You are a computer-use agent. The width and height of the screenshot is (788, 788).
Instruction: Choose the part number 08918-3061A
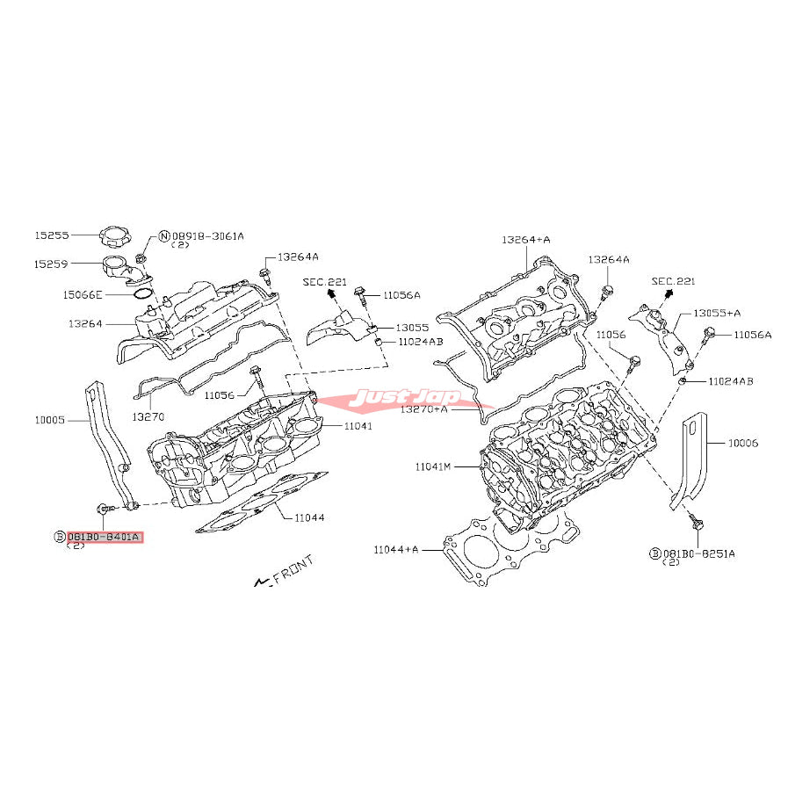click(x=207, y=235)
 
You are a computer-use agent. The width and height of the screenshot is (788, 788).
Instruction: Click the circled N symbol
click(x=163, y=235)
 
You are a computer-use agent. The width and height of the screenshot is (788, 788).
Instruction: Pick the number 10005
click(x=50, y=420)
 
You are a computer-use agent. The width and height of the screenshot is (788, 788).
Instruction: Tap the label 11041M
click(x=433, y=466)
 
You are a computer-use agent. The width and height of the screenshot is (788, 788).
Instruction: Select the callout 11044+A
click(x=394, y=550)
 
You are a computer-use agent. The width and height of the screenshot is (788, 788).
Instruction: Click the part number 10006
click(x=741, y=444)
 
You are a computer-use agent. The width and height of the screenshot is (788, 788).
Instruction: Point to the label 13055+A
click(x=718, y=312)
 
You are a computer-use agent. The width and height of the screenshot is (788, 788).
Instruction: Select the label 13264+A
click(x=525, y=239)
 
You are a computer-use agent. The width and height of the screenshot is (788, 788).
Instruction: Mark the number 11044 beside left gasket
click(x=308, y=517)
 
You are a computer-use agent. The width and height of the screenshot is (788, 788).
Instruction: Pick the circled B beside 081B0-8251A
click(x=655, y=553)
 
